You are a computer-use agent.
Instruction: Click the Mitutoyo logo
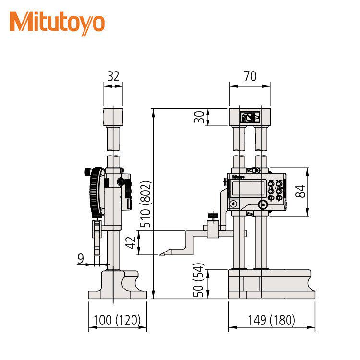[x=57, y=24]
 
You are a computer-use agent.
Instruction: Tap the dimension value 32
[x=113, y=76]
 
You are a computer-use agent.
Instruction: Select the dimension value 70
[x=250, y=76]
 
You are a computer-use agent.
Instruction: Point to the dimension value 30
[x=199, y=117]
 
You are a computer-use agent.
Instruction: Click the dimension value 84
[x=300, y=192]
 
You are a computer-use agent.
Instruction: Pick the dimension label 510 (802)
[x=145, y=204]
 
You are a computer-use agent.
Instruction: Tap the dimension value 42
[x=131, y=243]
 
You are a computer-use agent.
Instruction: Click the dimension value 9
[x=81, y=259]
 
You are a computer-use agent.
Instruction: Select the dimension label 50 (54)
[x=198, y=280]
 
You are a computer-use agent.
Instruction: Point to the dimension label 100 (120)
[x=117, y=320]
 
